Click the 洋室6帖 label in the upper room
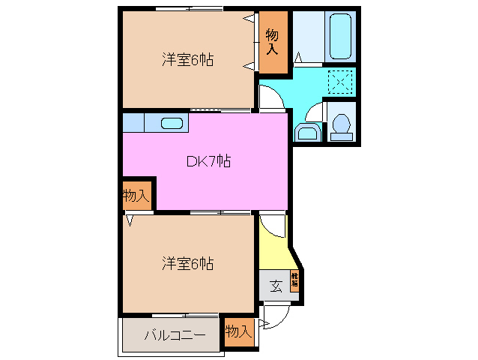(187, 60)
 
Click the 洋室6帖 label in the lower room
(187, 263)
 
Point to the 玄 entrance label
(276, 286)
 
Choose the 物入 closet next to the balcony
(238, 331)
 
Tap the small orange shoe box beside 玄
(295, 280)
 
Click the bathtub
(341, 35)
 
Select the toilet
(342, 124)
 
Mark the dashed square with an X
(340, 81)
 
